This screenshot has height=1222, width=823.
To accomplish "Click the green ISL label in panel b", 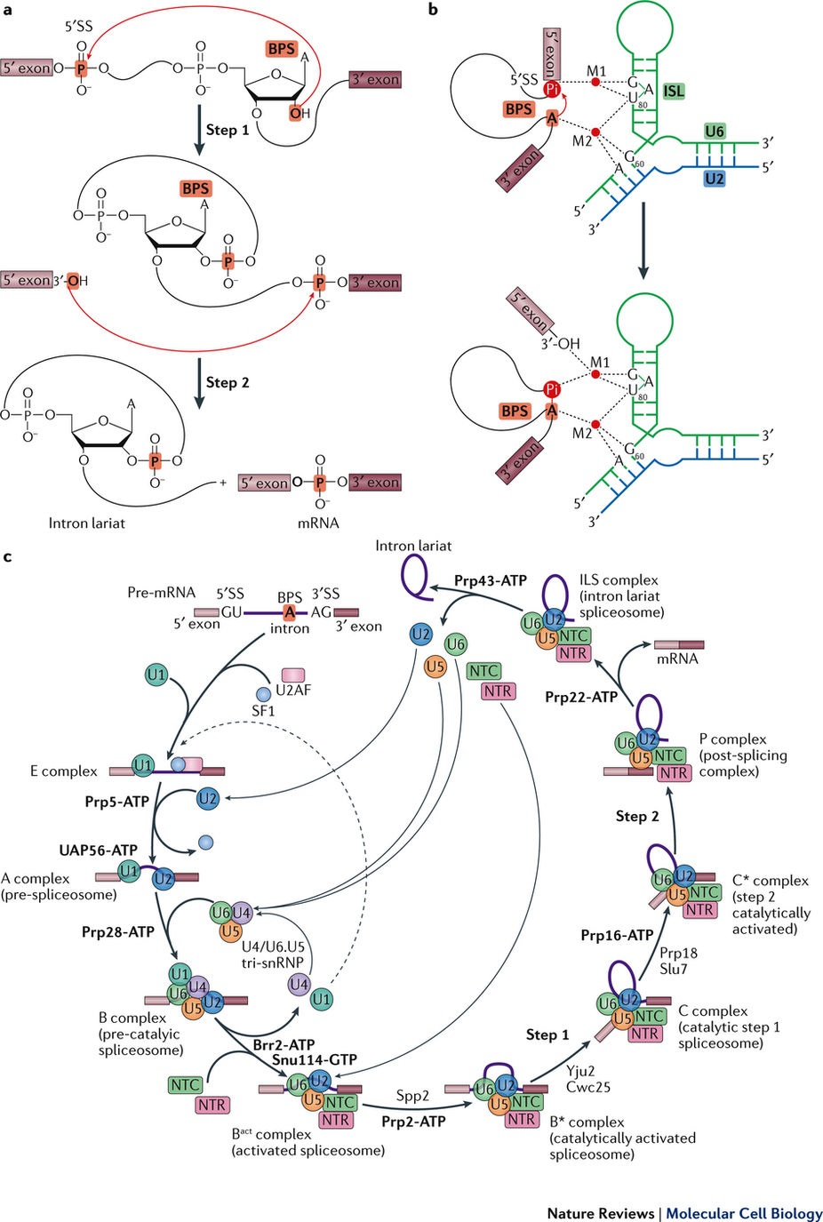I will pos(674,91).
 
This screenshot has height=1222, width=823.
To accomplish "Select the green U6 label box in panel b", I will pos(715,132).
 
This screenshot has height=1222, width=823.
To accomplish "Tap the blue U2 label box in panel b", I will pos(714,179).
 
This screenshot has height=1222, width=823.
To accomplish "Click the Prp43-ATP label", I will pos(490,580).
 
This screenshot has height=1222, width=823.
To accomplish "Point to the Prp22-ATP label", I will pos(581,697).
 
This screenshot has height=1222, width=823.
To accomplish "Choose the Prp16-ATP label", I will pos(617,935).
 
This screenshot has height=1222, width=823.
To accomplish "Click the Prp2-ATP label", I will pos(413,1122).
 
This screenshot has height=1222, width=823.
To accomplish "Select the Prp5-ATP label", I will pos(116,802).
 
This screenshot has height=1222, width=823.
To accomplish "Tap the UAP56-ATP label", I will pos(99,851).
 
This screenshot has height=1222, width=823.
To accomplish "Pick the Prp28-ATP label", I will pos(118,932).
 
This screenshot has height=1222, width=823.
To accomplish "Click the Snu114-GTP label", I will pos(315,1059).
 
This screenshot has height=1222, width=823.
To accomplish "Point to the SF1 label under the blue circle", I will pos(263,711).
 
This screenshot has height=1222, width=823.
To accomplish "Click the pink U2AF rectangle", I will pos(293,675).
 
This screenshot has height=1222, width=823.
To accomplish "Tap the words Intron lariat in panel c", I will pos(413,546).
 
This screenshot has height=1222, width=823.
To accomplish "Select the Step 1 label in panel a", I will pos(228,130).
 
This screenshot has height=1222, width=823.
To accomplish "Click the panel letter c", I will pos(7,557).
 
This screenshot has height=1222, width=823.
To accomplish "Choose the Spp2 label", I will pos(412,1096).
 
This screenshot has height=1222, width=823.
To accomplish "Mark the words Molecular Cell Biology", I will pos(744,1213).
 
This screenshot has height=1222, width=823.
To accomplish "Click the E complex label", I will pos(64,771).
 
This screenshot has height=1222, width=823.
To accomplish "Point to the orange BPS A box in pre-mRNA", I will pos(289,612).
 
